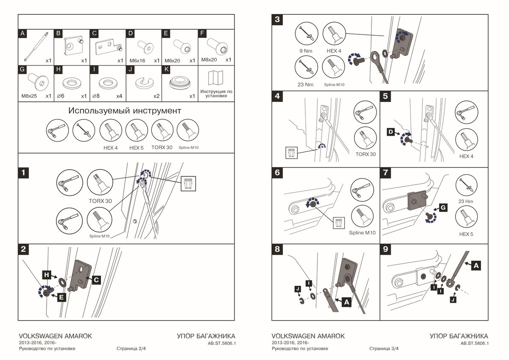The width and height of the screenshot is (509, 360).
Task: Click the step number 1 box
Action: point(24,173)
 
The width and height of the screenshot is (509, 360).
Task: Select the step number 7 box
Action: point(386,173)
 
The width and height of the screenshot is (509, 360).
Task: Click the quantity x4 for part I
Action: point(119,96)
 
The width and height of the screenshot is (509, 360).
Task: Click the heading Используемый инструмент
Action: point(125,111)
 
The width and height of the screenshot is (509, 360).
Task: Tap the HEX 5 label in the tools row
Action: point(137,148)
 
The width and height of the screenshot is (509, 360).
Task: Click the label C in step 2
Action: point(96,280)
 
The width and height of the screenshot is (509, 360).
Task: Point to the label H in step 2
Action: point(48,275)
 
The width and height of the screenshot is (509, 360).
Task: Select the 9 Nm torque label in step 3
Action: point(306,51)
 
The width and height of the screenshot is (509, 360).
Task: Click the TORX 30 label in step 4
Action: point(365,154)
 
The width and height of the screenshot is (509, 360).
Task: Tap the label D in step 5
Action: point(391,133)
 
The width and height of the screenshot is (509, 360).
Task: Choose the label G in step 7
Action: point(442,208)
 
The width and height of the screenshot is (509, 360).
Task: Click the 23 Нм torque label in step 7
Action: point(466,201)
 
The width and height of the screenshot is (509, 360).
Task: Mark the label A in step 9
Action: point(476,266)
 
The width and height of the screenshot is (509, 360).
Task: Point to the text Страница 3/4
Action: point(384,349)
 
